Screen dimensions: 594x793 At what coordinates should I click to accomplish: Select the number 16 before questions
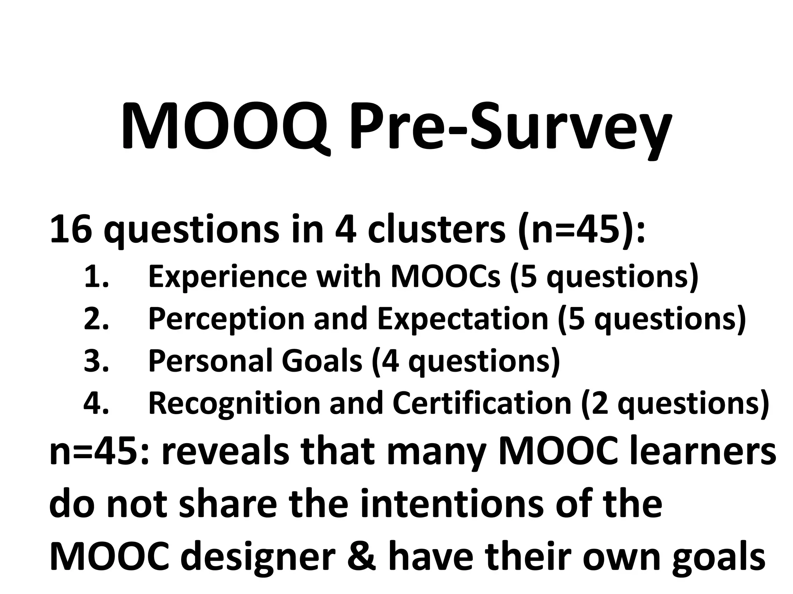71,230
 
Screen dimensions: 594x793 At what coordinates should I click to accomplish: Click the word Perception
226,319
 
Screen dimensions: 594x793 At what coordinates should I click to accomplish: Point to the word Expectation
463,319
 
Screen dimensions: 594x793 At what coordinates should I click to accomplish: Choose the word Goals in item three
322,360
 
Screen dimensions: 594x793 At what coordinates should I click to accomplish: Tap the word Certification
482,403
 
